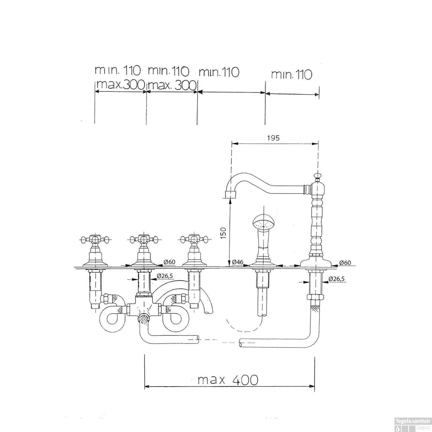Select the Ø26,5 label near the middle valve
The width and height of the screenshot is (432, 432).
(165, 276)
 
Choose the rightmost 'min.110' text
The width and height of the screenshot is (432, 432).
(291, 75)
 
